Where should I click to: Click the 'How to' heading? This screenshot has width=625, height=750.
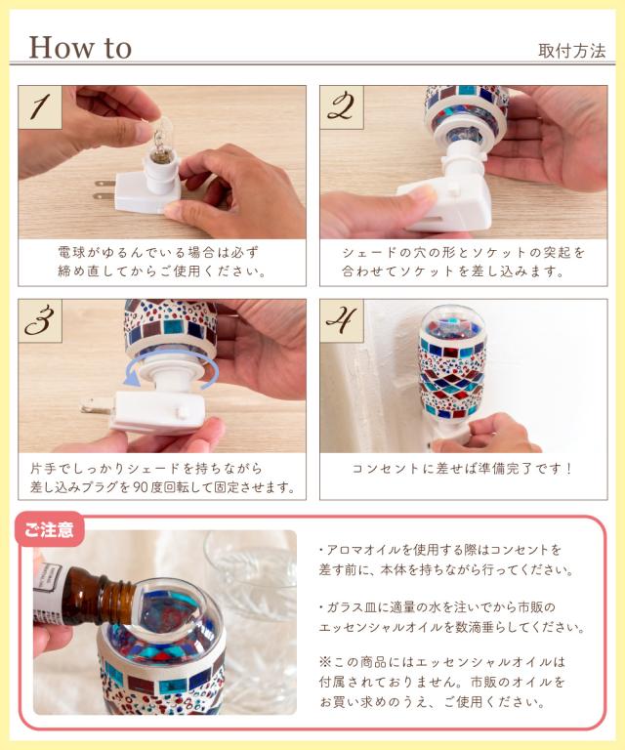point(80,48)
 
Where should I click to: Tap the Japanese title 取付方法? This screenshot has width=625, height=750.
point(571,51)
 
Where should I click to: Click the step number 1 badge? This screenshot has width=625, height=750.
point(40,107)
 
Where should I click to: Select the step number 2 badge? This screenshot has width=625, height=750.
point(342,107)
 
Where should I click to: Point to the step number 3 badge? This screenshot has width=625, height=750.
point(40,321)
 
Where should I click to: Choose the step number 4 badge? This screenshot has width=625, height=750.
point(342,321)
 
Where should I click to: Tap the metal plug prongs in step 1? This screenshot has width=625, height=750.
point(105,189)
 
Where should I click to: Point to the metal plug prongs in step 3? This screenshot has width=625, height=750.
point(98,405)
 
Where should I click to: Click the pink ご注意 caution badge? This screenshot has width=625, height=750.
point(50,529)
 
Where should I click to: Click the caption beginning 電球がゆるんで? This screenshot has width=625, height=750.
point(162,262)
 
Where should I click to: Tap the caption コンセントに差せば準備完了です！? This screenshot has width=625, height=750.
point(462,469)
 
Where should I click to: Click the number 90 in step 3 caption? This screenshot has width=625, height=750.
point(141,487)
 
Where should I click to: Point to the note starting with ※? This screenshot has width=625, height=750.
point(442,682)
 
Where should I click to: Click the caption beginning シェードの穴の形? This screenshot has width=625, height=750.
point(463,262)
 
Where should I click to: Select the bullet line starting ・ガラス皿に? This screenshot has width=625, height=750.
point(451,617)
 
